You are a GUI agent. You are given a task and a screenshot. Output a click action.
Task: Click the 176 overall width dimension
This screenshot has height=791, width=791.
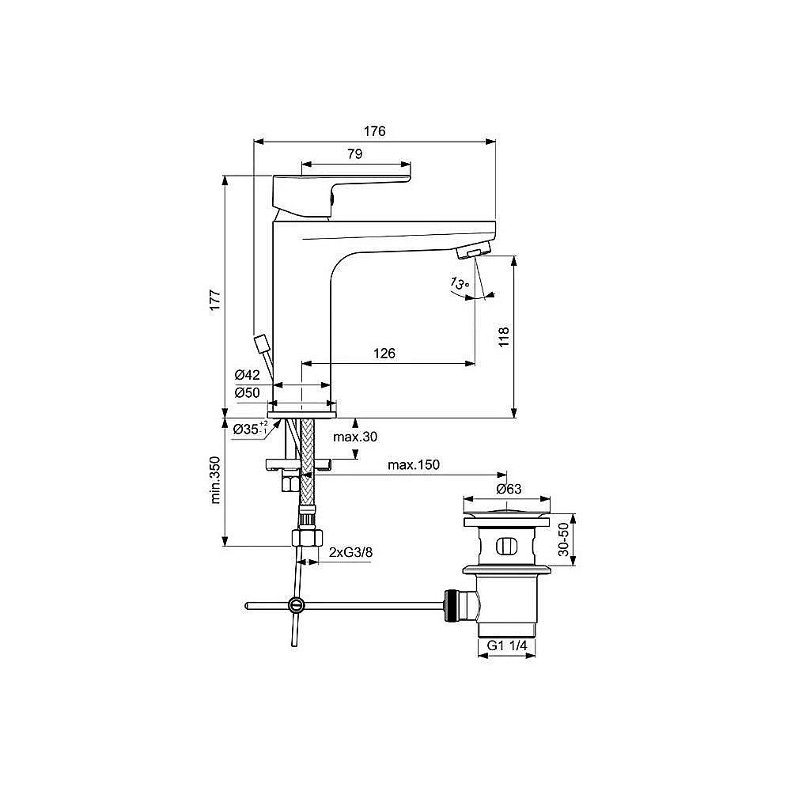[375, 132]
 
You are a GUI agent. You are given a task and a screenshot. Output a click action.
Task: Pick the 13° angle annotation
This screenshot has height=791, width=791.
[460, 283]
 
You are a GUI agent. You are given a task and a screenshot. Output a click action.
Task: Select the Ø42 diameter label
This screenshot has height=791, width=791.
[248, 375]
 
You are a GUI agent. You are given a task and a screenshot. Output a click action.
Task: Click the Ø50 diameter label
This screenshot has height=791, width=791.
[248, 392]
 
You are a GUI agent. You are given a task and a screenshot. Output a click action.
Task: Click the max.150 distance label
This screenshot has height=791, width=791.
[413, 464]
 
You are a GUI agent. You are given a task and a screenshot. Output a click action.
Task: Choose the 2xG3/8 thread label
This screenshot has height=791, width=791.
[350, 552]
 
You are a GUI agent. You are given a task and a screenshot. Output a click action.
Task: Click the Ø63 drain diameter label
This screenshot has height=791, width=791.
[508, 489]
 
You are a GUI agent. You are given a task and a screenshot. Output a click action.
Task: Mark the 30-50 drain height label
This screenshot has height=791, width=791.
[563, 541]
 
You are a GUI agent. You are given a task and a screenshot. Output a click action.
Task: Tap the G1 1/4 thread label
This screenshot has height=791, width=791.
[507, 645]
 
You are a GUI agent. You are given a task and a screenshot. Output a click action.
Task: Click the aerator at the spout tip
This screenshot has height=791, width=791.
[473, 252]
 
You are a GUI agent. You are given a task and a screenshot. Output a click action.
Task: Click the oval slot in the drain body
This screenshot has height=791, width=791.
[505, 546]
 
